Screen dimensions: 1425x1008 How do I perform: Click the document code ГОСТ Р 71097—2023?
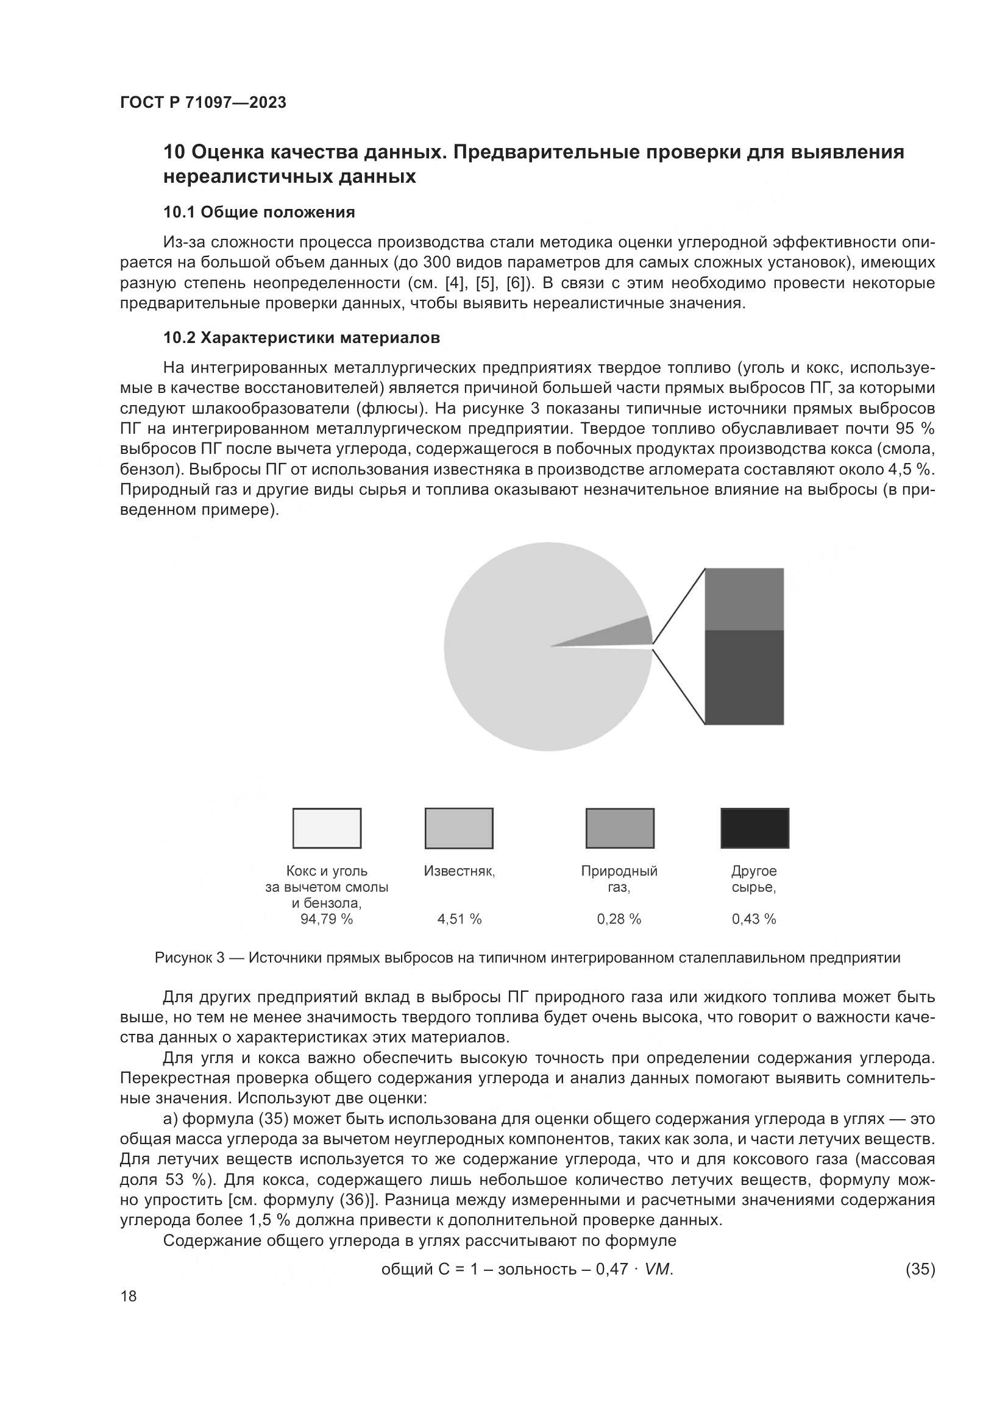tap(203, 102)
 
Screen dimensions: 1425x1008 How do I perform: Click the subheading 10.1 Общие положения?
tap(259, 212)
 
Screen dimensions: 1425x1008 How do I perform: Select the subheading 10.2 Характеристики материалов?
tap(302, 338)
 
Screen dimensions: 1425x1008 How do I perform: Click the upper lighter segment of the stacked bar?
tap(744, 599)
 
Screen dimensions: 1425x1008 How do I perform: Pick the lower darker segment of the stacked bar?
tap(744, 677)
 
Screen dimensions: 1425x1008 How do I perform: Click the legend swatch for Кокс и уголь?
tap(327, 828)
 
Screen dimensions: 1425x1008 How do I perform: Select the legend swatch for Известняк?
tap(459, 828)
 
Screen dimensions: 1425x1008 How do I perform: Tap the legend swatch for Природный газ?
tap(619, 828)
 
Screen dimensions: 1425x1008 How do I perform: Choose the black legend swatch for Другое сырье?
tap(754, 828)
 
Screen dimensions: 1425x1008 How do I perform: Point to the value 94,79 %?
tap(327, 919)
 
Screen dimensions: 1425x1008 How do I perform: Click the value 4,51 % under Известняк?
tap(460, 919)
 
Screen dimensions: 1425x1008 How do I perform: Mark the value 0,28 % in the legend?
tap(619, 919)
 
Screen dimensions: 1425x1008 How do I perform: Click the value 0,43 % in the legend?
tap(753, 919)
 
